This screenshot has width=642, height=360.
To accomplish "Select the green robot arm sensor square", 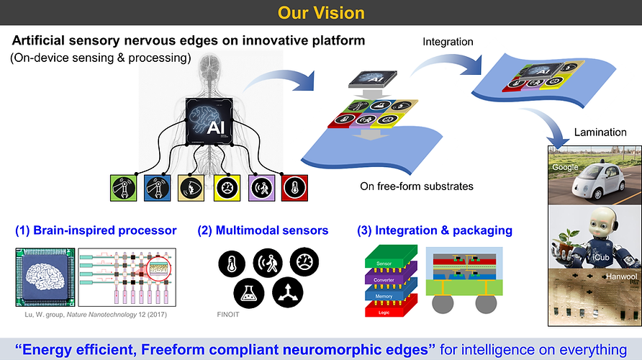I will (x=124, y=188).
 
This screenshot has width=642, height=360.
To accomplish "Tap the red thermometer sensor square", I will (x=294, y=188).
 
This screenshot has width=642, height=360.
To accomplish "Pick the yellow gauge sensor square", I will (x=227, y=188).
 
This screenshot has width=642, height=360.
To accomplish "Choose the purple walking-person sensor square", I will (x=261, y=188).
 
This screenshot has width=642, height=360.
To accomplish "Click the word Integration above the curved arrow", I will (x=448, y=42).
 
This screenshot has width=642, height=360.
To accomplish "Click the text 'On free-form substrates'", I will (x=417, y=186).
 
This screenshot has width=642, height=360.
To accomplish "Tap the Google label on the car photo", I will (x=566, y=166).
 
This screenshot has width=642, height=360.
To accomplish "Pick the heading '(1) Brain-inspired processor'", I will (x=96, y=230).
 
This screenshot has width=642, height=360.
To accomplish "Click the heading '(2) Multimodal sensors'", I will (x=263, y=230).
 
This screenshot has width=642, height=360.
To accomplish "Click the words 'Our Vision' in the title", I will (x=321, y=12).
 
